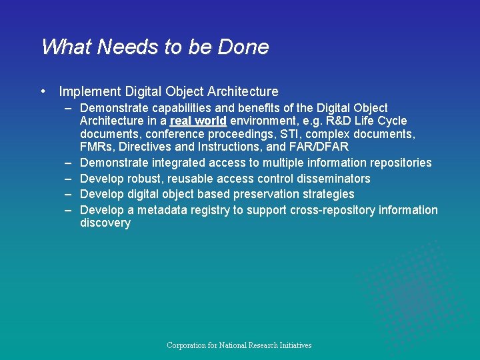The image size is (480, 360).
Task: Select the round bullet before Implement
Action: click(x=43, y=92)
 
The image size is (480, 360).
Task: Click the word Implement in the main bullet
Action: click(x=89, y=92)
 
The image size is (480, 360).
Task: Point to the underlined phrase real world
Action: click(x=198, y=121)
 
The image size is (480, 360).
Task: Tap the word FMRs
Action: click(x=97, y=147)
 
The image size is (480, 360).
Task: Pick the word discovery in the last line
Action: click(x=105, y=223)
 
